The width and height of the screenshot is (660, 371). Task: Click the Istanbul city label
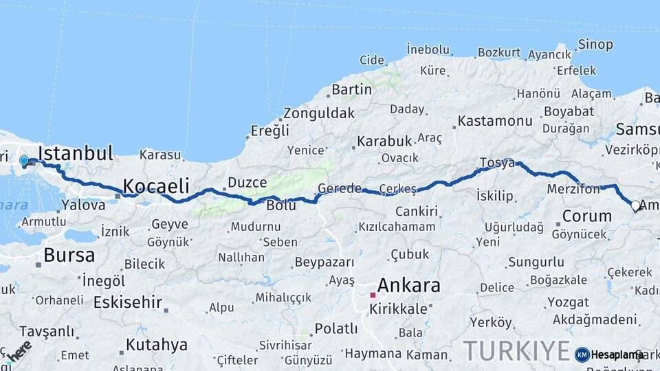coord(76,153)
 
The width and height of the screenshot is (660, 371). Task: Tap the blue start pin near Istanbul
coord(24,161)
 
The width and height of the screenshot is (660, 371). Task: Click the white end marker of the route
coord(635,205)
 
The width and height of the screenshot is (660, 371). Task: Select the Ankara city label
coord(408,285)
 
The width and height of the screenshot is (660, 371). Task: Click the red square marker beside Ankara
coord(373,295)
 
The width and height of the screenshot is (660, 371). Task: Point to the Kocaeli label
coord(156,185)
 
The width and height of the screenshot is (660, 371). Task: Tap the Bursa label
coord(69,256)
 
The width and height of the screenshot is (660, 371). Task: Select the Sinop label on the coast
coord(595,45)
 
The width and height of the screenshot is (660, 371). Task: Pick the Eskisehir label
coord(128,302)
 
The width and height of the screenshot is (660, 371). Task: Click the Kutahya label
coord(157,344)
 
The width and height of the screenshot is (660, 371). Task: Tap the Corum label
coord(586,216)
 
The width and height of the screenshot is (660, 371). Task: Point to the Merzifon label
coord(575,188)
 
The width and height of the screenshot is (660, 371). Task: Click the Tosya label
coord(496,163)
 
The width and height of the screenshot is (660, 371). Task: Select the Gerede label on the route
coord(340,189)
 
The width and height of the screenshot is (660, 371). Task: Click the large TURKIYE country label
coord(516,350)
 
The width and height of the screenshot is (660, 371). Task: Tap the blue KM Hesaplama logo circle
coord(582,355)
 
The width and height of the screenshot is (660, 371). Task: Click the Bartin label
coord(351,89)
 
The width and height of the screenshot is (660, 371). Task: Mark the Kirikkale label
coord(398,309)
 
